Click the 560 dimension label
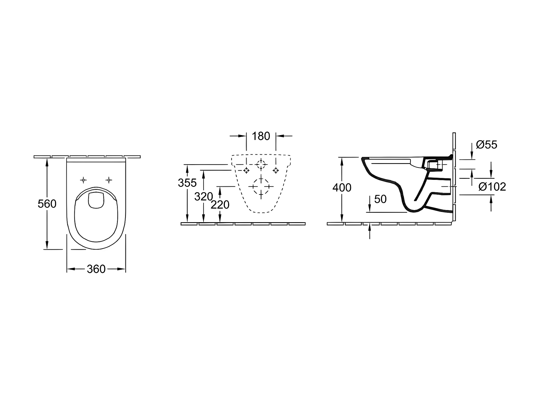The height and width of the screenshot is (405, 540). [x=47, y=204]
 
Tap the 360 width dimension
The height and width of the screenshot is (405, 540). [x=96, y=269]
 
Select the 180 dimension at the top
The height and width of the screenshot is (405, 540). [x=261, y=136]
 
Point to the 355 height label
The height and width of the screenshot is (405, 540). [x=187, y=183]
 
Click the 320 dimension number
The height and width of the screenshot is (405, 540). [x=204, y=197]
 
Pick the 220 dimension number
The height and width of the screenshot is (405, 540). [x=220, y=205]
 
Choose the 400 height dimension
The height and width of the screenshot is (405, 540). [x=342, y=188]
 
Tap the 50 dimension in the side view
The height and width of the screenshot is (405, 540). [x=380, y=199]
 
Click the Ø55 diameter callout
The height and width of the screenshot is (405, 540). [x=487, y=145]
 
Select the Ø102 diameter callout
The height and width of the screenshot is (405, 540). [x=492, y=187]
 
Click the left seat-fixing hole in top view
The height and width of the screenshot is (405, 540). [x=84, y=180]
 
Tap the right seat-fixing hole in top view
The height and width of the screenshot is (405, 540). [x=109, y=180]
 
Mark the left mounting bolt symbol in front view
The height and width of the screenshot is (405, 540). [x=246, y=170]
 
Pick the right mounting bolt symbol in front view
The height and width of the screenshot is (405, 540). [x=276, y=170]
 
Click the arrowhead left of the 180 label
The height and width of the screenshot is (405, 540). [x=242, y=136]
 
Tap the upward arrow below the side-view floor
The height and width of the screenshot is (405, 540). [x=370, y=232]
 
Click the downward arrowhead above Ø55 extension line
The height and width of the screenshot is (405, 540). [x=472, y=155]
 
